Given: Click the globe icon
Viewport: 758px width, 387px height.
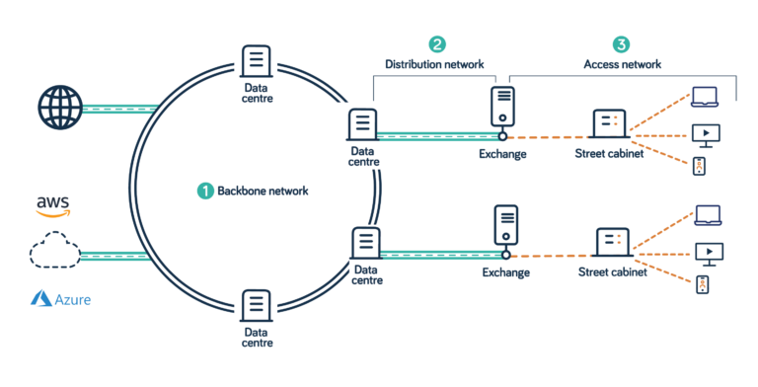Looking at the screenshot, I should pos(57,107).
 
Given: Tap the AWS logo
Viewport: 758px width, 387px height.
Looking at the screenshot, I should pos(53,204).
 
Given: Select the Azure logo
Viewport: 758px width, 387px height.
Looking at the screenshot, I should pos(60,297).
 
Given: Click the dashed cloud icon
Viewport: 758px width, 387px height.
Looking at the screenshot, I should pos(53,254).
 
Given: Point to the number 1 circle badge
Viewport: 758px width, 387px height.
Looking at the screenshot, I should pos(205,191).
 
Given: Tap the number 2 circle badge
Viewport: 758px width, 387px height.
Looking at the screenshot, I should pos(436,44).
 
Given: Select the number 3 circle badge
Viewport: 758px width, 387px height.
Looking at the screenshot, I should pos(620,44).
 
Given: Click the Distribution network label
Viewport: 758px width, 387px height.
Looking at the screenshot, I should pos(435,64).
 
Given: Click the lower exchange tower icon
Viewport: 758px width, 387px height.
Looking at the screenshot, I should pos(506,225).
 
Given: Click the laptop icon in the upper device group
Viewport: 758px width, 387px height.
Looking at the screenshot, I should pos(705,97).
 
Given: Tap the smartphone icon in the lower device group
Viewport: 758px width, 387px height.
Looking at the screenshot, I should pos(702,286).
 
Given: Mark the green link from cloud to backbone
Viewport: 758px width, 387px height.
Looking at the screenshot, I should pos(113,256).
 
